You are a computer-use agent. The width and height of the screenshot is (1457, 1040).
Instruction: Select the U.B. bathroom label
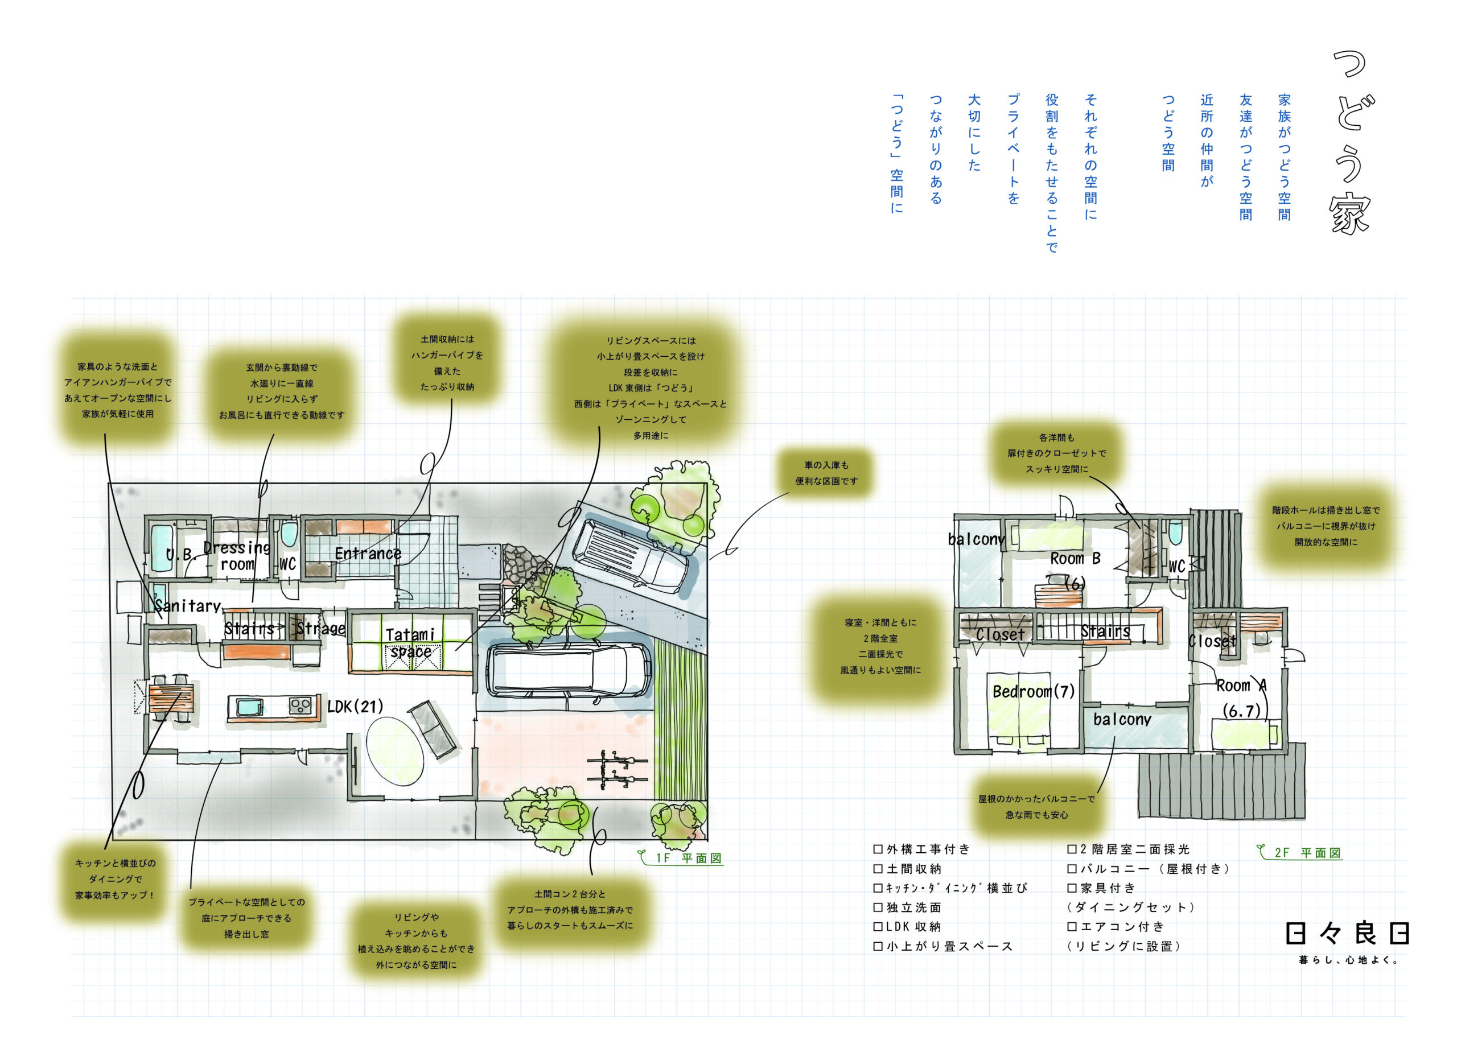pyautogui.click(x=179, y=555)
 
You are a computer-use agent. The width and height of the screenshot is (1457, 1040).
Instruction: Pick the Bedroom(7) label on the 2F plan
pyautogui.click(x=1033, y=692)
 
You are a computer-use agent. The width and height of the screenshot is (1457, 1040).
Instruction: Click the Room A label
pyautogui.click(x=1241, y=686)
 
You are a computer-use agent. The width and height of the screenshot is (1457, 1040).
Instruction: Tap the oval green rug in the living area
pyautogui.click(x=394, y=749)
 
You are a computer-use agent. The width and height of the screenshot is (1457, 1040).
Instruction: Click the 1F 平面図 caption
pyautogui.click(x=688, y=858)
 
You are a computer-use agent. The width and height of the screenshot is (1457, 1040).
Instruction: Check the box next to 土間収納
pyautogui.click(x=878, y=868)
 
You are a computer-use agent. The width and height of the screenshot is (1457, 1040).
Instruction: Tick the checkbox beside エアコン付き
pyautogui.click(x=1072, y=926)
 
